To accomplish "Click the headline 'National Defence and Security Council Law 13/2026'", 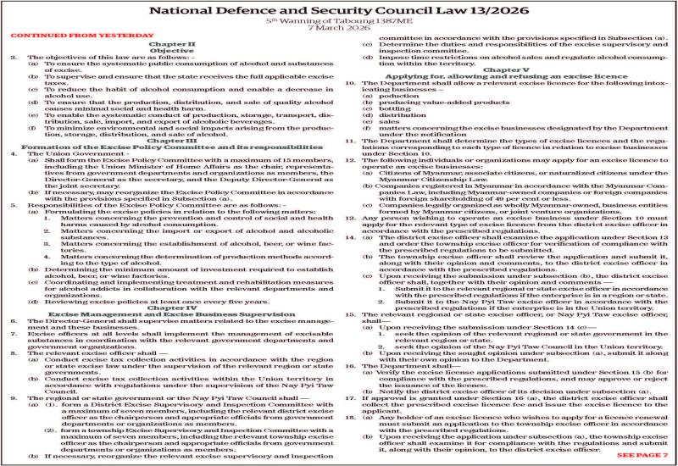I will (x=339, y=9).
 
